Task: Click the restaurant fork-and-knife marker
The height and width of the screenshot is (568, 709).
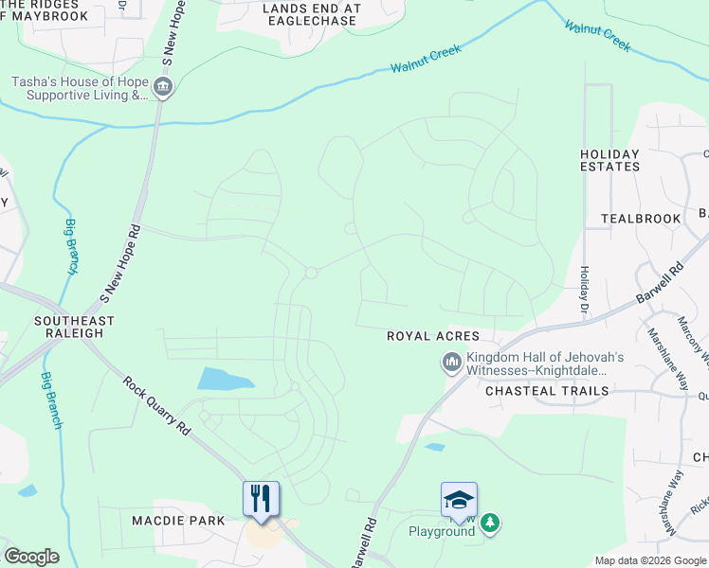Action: [x=262, y=499]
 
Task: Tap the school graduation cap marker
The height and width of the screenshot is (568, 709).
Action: [x=459, y=499]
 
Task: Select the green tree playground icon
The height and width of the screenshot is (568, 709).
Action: [x=489, y=523]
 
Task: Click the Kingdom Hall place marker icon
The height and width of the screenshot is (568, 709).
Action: [x=450, y=363]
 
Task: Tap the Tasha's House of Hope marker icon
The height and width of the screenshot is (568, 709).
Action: [x=163, y=88]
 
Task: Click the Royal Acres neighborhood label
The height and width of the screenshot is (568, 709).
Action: [x=427, y=336]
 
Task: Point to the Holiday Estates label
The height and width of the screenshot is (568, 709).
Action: [x=609, y=160]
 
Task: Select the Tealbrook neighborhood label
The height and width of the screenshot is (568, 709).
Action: [x=641, y=219]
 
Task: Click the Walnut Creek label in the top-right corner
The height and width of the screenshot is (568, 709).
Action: [x=597, y=35]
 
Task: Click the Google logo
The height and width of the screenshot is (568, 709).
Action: [x=31, y=557]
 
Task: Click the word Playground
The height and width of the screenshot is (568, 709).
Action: [x=441, y=531]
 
